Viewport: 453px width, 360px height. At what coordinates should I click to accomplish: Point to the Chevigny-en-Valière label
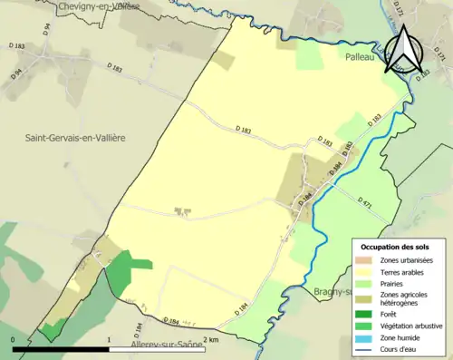point(99,6)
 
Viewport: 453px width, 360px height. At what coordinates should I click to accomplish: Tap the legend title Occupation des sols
point(395,247)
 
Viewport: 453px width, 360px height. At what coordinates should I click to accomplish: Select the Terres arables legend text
point(404,271)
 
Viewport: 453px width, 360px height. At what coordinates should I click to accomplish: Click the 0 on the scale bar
point(14,339)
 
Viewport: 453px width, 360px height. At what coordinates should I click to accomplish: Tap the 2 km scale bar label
point(210,339)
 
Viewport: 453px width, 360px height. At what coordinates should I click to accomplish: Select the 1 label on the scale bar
point(110,339)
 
